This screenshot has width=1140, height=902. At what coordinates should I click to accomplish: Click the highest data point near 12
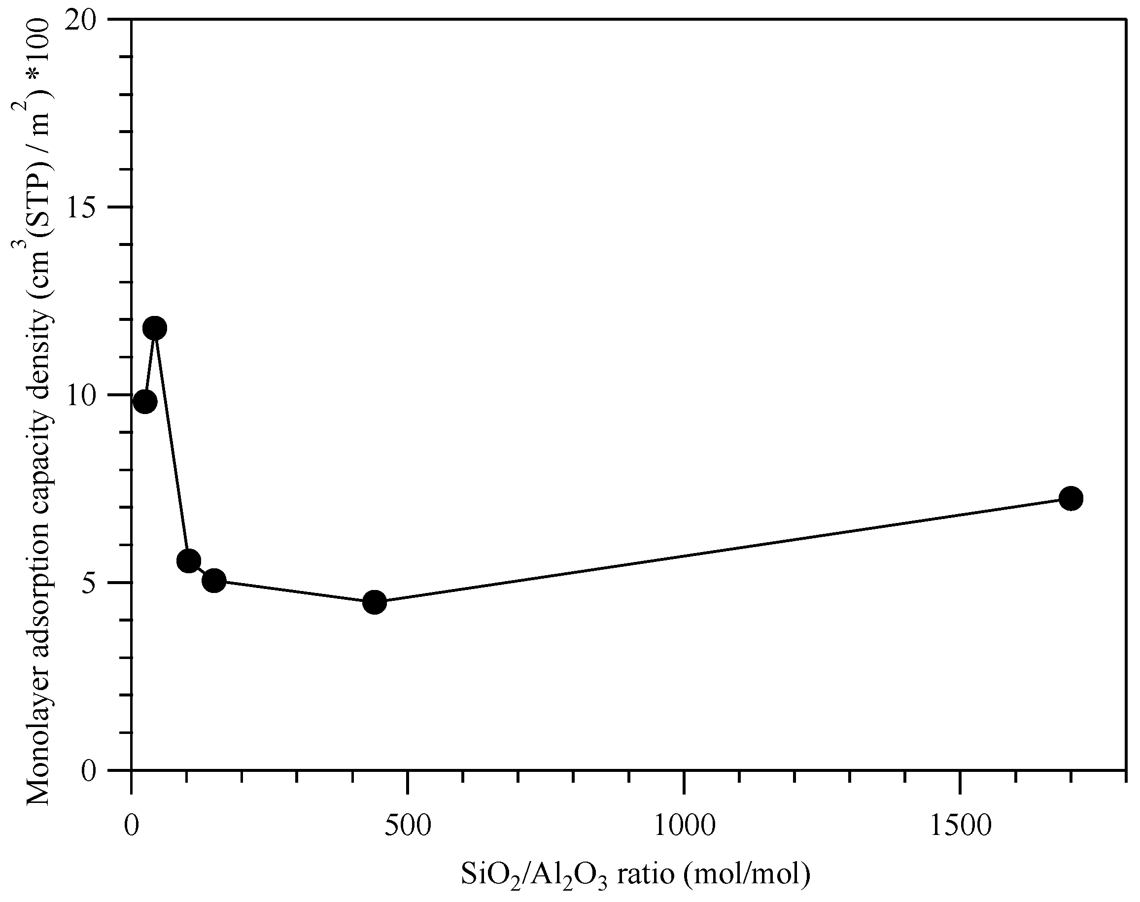[155, 328]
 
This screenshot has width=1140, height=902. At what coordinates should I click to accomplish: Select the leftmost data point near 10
[145, 402]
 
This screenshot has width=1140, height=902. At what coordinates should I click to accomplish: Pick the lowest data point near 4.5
[375, 602]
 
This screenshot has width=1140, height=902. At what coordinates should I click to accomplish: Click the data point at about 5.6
[188, 561]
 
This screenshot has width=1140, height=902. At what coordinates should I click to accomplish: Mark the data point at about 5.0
[214, 581]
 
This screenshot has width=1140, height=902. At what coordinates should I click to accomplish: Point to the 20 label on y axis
[84, 20]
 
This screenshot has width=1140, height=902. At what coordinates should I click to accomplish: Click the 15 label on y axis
[84, 207]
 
